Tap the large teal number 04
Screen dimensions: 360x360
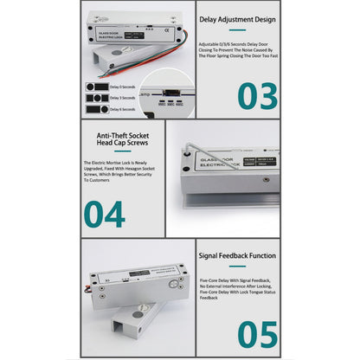(x=104, y=213)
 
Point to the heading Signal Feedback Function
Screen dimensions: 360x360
(x=238, y=256)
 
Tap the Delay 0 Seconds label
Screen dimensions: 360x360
(x=122, y=87)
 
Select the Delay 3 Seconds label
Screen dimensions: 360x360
(x=122, y=99)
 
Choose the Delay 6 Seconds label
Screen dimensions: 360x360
(x=122, y=110)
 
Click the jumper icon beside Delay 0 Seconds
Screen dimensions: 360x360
(x=98, y=87)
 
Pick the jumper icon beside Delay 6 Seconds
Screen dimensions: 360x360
(x=98, y=110)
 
